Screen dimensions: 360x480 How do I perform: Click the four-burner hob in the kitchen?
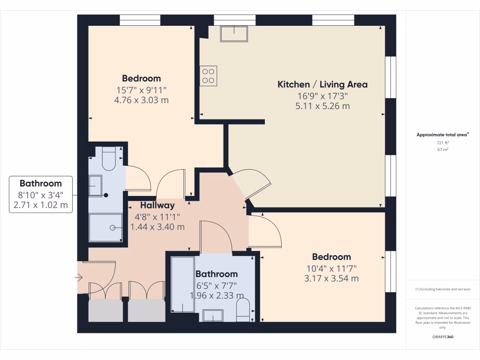coord(209,76)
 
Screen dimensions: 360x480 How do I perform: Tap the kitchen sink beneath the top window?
coord(234,34)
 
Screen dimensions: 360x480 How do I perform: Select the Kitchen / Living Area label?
coord(322,85)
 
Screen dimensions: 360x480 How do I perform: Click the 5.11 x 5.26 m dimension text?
coord(322,106)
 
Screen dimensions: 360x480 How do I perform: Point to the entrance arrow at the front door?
coord(78,278)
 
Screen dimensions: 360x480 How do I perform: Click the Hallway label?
coord(157,205)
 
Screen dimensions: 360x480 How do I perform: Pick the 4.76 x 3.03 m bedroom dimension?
coord(142,100)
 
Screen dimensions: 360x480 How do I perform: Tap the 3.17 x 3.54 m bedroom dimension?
coord(331,278)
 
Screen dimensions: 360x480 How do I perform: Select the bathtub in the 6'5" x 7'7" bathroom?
coord(183,285)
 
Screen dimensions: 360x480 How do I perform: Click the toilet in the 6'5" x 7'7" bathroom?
coord(243,311)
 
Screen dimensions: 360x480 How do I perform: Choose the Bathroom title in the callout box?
coord(41,183)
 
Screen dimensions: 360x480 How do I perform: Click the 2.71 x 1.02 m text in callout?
coord(41,205)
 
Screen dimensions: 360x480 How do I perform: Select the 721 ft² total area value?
coord(442,142)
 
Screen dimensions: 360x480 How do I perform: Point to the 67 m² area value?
coord(442,150)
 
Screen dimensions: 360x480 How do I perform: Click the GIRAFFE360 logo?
coord(442,337)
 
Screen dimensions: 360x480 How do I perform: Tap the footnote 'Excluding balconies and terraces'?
coord(442,289)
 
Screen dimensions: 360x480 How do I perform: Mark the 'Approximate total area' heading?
coord(442,135)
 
